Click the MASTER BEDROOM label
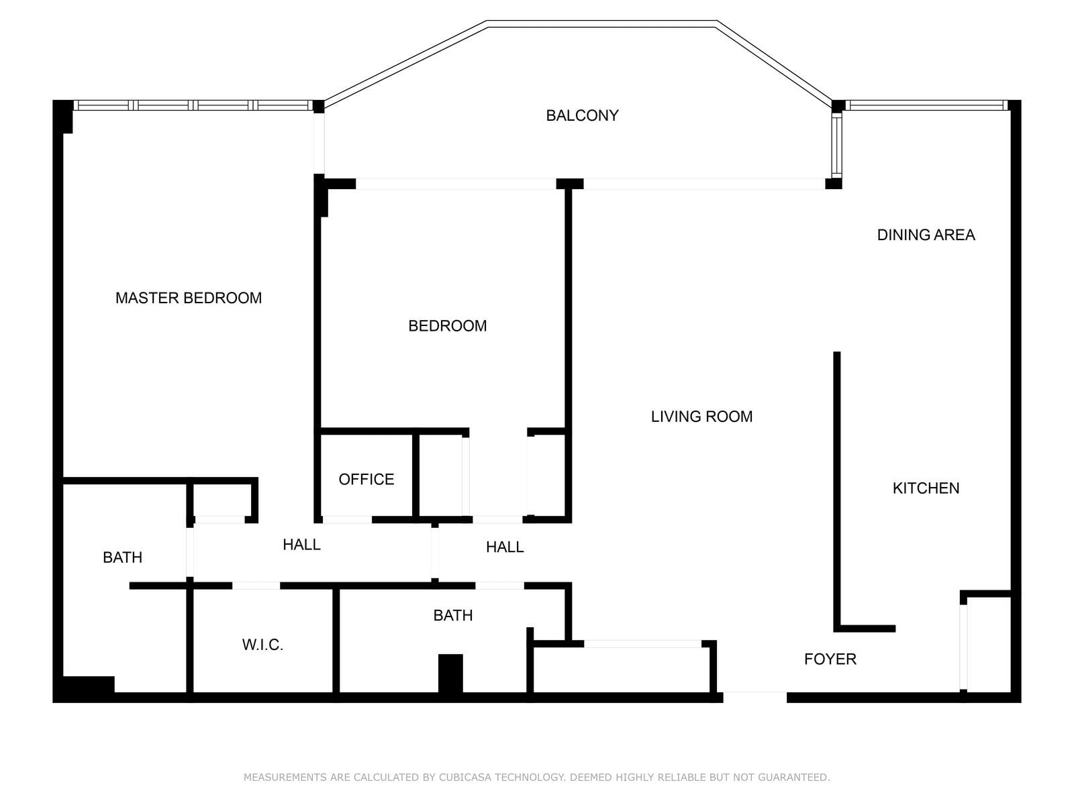tap(189, 298)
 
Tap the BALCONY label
tap(582, 115)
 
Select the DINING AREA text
tap(926, 235)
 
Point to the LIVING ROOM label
tap(701, 417)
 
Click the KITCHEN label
tap(926, 488)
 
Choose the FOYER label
tap(830, 659)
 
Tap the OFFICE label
tap(367, 480)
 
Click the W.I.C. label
tap(262, 645)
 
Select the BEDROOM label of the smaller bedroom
tap(447, 326)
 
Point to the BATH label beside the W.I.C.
tap(122, 557)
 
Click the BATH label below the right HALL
tap(453, 615)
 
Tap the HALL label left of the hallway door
tap(301, 545)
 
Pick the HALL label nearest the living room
tap(505, 547)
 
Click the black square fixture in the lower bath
tap(450, 673)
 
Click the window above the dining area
tap(927, 105)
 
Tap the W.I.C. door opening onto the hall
tap(256, 586)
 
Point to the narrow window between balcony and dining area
tap(837, 144)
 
